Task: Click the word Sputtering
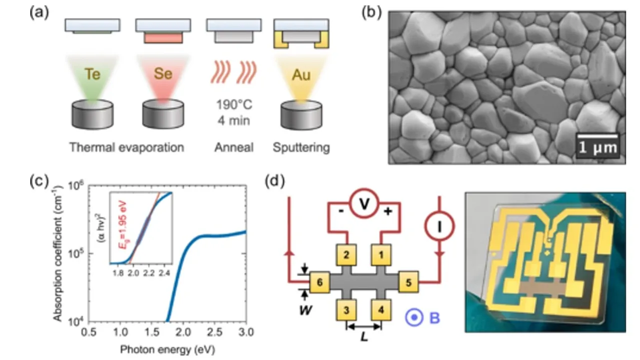tap(301, 147)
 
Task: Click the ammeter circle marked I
tap(439, 226)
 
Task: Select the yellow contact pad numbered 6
tap(320, 283)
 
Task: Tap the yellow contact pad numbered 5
tap(408, 283)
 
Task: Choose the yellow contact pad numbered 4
tap(382, 310)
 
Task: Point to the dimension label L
tap(364, 338)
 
